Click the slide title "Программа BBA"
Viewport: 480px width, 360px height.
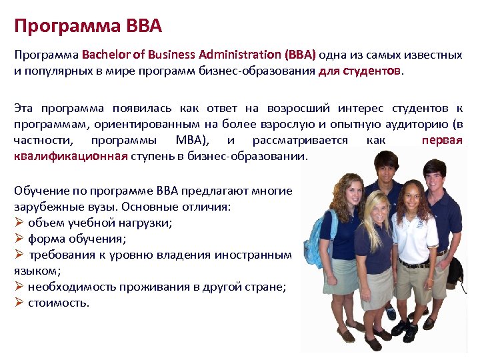[x=87, y=27]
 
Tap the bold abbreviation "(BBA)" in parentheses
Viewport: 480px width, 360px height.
[x=300, y=55]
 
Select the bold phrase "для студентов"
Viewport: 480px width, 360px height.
[x=360, y=71]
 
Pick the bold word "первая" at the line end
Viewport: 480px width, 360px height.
[x=442, y=140]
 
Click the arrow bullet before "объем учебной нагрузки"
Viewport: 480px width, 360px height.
[x=19, y=223]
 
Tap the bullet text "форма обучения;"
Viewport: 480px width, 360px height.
[x=77, y=239]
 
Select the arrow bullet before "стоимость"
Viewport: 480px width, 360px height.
[x=19, y=303]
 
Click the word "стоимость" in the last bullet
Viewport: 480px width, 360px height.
[x=59, y=303]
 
